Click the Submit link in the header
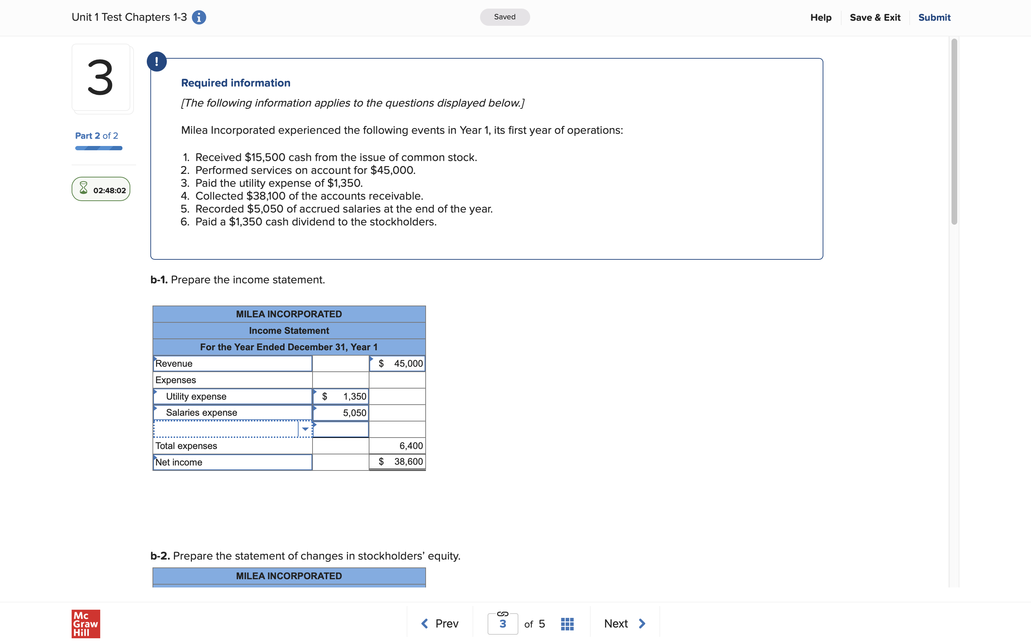(934, 18)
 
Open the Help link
(821, 18)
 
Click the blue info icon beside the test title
(199, 18)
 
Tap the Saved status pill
(504, 17)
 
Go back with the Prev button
(440, 624)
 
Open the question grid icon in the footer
(567, 624)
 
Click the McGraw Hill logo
(86, 624)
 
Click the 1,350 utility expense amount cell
(341, 396)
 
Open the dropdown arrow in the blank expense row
(305, 429)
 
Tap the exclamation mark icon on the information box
(157, 62)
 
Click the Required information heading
(236, 83)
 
